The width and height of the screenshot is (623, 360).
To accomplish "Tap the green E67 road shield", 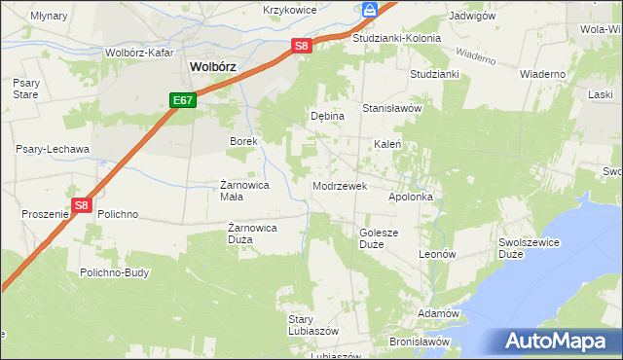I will (183, 100).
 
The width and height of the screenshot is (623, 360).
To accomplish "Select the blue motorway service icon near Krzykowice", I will (370, 10).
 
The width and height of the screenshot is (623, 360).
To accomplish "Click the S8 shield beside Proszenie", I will (82, 206).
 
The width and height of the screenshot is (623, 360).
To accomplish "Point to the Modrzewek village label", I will (339, 185).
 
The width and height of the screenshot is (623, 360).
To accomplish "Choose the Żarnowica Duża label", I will (253, 233).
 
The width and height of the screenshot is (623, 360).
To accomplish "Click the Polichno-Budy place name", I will (115, 272).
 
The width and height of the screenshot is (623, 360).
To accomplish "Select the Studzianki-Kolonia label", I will (396, 38).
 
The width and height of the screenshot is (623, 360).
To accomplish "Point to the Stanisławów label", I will (391, 108).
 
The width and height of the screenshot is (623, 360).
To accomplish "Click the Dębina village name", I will (327, 116).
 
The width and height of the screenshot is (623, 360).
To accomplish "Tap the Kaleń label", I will (389, 144).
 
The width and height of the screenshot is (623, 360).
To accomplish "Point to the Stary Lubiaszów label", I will (312, 325).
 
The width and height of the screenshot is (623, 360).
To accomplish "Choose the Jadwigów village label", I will (472, 17).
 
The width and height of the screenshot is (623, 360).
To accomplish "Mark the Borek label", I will (242, 141).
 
